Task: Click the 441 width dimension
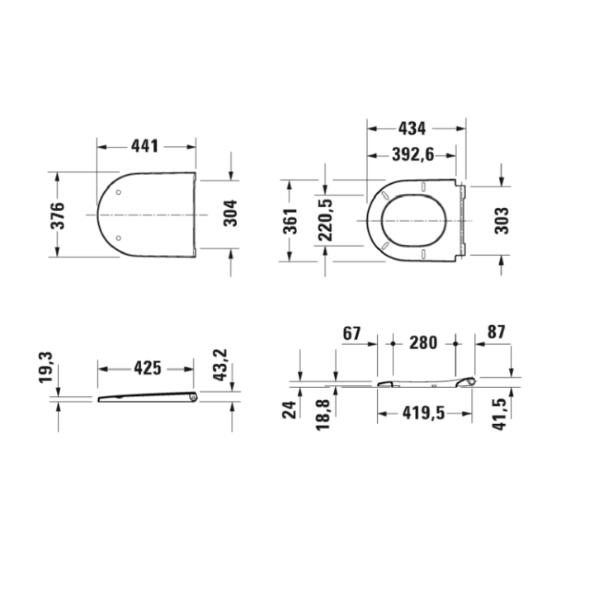[x=145, y=147]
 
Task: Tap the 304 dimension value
[x=231, y=215]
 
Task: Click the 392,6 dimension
[x=412, y=154]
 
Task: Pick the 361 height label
[x=290, y=220]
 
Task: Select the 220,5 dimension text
[x=325, y=220]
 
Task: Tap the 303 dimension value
[x=502, y=220]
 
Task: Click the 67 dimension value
[x=351, y=333]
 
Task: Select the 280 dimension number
[x=425, y=342]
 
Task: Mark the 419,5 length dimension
[x=425, y=412]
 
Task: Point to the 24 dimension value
[x=290, y=409]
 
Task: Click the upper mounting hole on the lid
[x=120, y=192]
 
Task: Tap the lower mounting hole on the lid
[x=120, y=238]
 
